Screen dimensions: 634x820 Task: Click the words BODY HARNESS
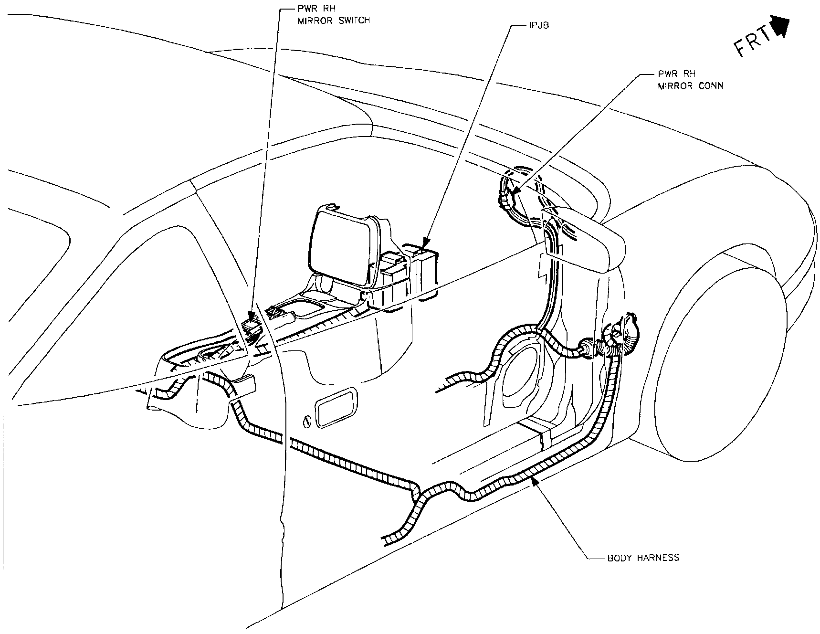[643, 558]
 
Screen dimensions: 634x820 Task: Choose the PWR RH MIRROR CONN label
[690, 80]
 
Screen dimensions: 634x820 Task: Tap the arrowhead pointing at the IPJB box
[427, 242]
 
